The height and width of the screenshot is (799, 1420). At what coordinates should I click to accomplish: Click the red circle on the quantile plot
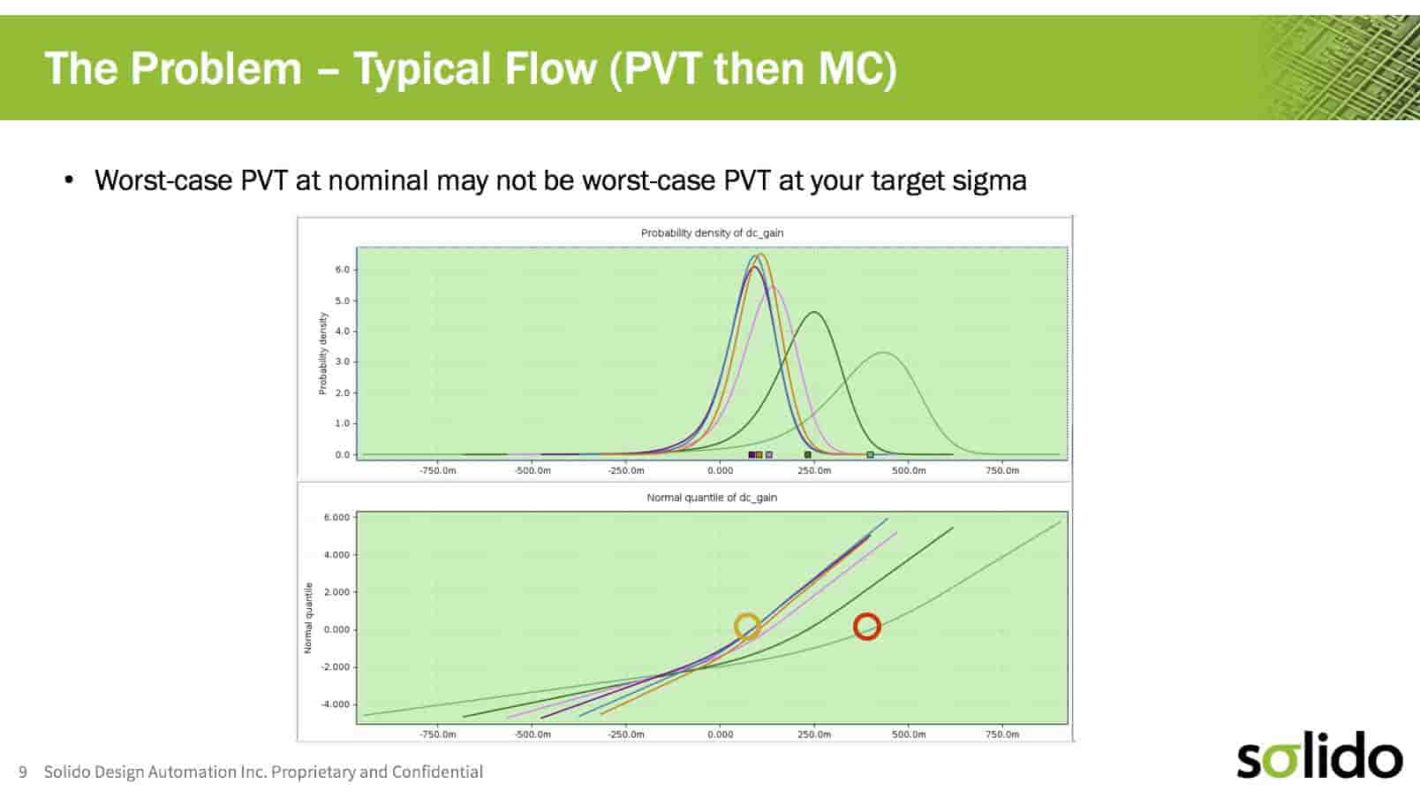855,627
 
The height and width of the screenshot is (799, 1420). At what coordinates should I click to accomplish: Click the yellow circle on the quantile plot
736,627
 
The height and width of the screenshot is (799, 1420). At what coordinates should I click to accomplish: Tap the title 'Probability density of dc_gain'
712,233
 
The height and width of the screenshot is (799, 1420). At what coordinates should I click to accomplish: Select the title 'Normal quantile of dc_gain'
712,498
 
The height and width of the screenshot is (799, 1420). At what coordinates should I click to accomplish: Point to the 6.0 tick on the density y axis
343,270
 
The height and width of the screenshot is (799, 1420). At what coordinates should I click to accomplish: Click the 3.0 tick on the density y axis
343,361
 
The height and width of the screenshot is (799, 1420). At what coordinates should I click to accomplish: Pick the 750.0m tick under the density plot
1002,471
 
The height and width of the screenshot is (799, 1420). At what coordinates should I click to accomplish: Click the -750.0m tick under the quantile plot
437,734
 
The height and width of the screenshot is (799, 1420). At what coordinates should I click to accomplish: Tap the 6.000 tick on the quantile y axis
336,517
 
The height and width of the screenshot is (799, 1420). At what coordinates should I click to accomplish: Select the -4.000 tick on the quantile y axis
336,704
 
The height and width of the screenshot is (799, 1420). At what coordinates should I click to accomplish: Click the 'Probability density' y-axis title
322,354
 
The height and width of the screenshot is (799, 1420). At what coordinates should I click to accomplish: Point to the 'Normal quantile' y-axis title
308,618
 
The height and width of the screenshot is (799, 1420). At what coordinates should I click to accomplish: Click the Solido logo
1319,755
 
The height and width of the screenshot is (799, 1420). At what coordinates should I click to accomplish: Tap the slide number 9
23,772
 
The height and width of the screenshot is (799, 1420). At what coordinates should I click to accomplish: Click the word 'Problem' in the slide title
215,69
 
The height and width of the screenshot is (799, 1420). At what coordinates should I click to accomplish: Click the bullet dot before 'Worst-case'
69,181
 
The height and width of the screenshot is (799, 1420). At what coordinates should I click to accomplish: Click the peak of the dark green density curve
814,312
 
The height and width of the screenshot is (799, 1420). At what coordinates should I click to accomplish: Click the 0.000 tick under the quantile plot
720,734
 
